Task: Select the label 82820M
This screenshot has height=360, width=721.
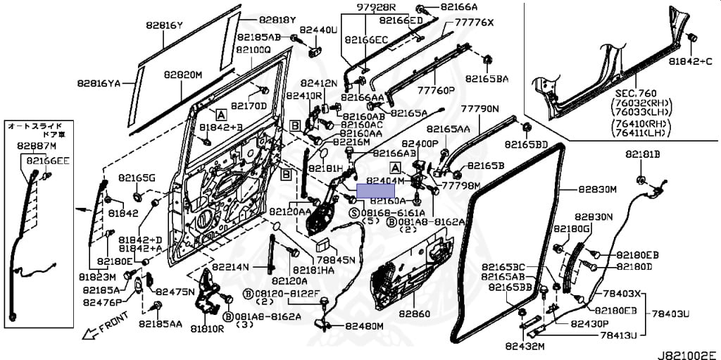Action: coord(183,74)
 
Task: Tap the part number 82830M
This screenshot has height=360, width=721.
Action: coord(597,190)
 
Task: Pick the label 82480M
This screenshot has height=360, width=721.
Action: coord(364,326)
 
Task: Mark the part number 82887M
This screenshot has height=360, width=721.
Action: coord(36,146)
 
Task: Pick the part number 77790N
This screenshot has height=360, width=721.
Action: coord(479,109)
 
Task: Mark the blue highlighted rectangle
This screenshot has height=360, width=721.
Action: coord(377,189)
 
